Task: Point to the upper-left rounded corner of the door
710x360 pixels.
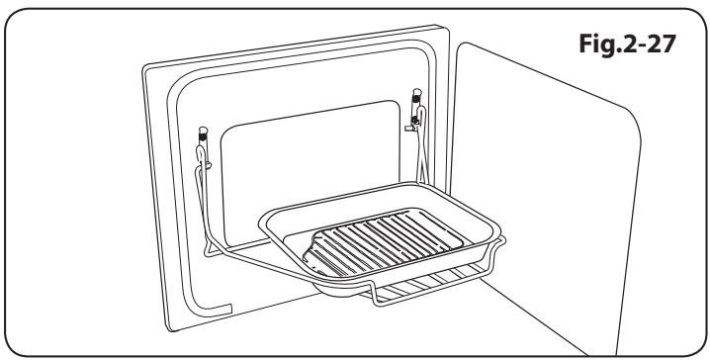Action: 148,69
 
